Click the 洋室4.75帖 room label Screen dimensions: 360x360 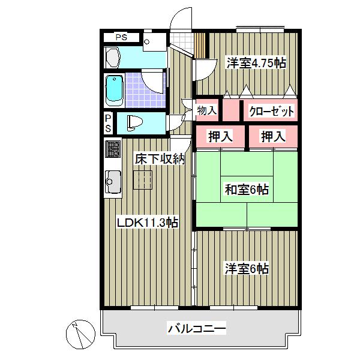[x=255, y=62]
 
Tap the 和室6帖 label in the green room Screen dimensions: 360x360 [x=247, y=190]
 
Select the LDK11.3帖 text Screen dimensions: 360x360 [x=147, y=222]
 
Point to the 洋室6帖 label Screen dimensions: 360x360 [x=247, y=268]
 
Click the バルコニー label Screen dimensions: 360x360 [x=196, y=328]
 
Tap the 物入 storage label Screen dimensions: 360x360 [x=207, y=110]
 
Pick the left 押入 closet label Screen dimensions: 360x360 [x=220, y=136]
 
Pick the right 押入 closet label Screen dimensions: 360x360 [x=272, y=136]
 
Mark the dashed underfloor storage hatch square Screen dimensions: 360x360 [x=142, y=179]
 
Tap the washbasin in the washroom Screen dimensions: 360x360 [x=113, y=58]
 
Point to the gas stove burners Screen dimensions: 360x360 [x=113, y=149]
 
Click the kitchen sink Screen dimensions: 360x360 [x=113, y=181]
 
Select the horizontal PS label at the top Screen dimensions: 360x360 [x=122, y=37]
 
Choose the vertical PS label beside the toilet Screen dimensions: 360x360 [x=108, y=123]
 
